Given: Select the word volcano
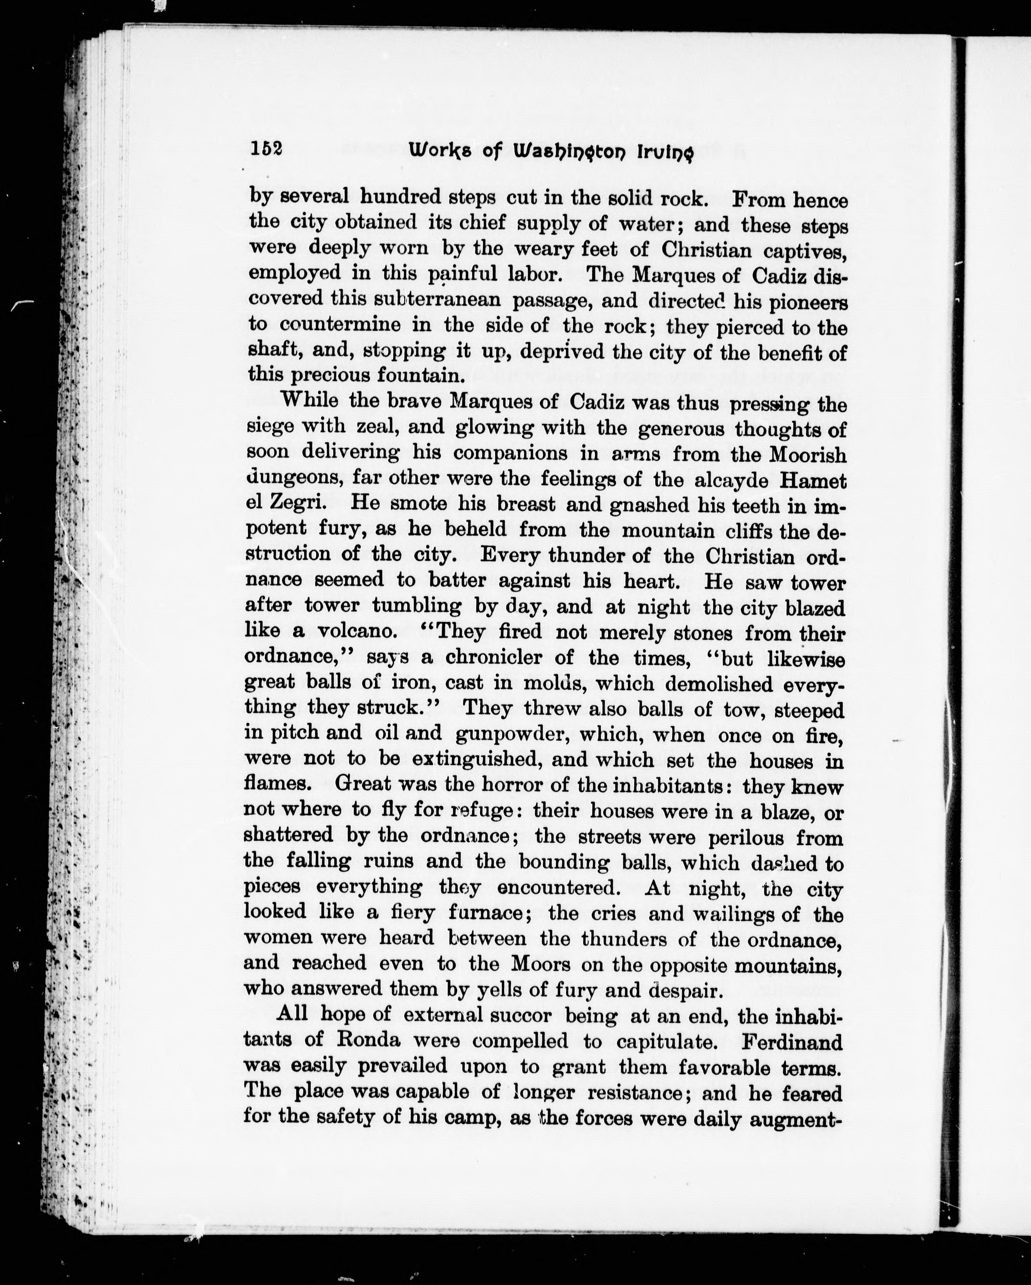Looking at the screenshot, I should pos(355,631).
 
